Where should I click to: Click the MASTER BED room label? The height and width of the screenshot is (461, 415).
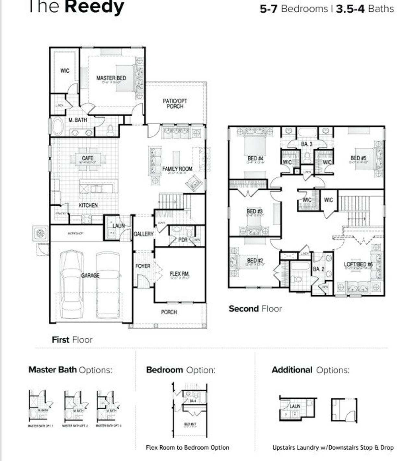point(111,78)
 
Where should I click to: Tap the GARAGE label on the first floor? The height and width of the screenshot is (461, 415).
point(90,275)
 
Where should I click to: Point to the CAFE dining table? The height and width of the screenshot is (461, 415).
point(88,159)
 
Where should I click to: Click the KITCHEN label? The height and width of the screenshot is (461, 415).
point(88,205)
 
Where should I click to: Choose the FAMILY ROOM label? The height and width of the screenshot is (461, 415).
point(177,169)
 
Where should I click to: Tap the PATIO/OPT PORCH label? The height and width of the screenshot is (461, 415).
point(175,103)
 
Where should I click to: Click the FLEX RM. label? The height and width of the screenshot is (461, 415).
point(179,274)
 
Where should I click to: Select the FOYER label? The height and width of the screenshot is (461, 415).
point(143,266)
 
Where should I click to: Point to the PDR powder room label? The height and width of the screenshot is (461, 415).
point(183,240)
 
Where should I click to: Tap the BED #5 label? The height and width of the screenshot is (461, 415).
point(358,158)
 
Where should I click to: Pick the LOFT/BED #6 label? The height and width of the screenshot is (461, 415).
point(358,264)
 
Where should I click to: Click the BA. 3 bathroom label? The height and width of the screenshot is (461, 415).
point(306,144)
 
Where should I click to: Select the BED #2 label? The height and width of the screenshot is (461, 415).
point(255,261)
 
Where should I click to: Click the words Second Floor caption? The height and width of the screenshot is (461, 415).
point(255,309)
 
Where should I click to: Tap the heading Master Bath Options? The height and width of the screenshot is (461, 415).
point(70,370)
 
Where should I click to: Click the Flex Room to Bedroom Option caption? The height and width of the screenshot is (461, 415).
point(187,448)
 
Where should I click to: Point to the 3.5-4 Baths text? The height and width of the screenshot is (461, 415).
point(365,9)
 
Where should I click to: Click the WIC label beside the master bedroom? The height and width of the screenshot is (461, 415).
point(65,71)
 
